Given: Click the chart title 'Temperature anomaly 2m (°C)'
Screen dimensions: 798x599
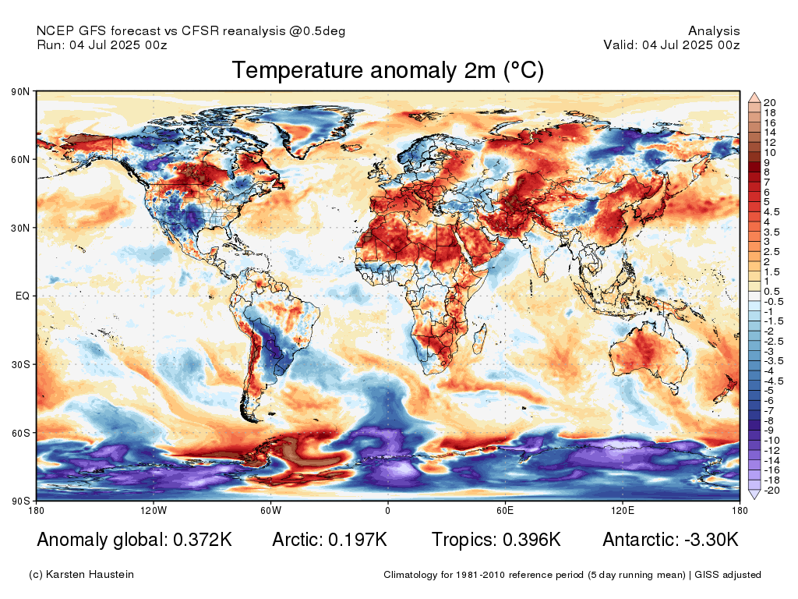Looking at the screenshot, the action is click(388, 70).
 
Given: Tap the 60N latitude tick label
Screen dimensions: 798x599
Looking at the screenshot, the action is click(20, 159).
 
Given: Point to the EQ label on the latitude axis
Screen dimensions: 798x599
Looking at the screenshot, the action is click(23, 296).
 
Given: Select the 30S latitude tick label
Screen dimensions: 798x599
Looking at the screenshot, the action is click(20, 365).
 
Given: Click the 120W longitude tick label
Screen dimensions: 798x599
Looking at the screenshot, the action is click(154, 510).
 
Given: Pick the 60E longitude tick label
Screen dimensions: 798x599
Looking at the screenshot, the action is click(505, 510).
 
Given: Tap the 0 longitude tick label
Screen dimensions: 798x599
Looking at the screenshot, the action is click(388, 510).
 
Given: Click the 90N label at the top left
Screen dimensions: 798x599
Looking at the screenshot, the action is click(20, 92).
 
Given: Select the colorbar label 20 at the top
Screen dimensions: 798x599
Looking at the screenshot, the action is click(769, 103).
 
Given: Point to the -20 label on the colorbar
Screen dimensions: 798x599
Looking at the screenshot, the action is click(772, 491).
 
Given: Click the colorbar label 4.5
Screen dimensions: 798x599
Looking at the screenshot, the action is click(772, 212).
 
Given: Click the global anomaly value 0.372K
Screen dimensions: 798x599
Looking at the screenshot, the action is click(203, 540).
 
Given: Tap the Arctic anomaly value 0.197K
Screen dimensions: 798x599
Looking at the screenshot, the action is click(358, 540).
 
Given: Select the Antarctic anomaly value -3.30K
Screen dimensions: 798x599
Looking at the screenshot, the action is click(711, 540).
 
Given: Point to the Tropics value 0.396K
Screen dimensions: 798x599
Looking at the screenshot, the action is click(531, 540).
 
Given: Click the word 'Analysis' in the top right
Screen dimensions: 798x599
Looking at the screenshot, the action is click(714, 31).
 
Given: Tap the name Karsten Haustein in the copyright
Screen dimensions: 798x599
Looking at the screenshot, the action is click(90, 575).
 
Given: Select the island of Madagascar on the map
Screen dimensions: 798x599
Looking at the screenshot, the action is click(478, 338).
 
